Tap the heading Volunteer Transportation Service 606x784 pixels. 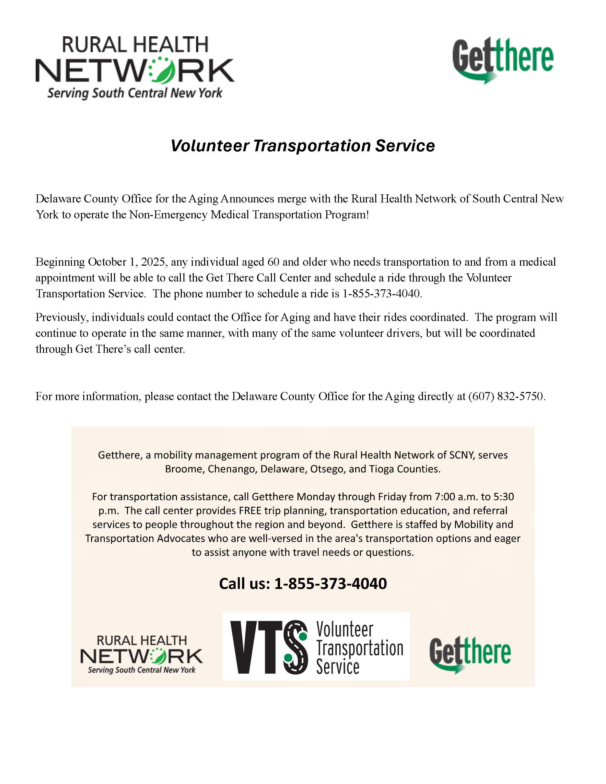tap(303, 146)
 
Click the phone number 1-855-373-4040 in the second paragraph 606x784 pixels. tap(382, 294)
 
